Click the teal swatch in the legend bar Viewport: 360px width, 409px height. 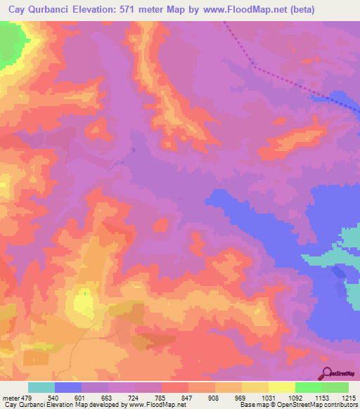(41, 387)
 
